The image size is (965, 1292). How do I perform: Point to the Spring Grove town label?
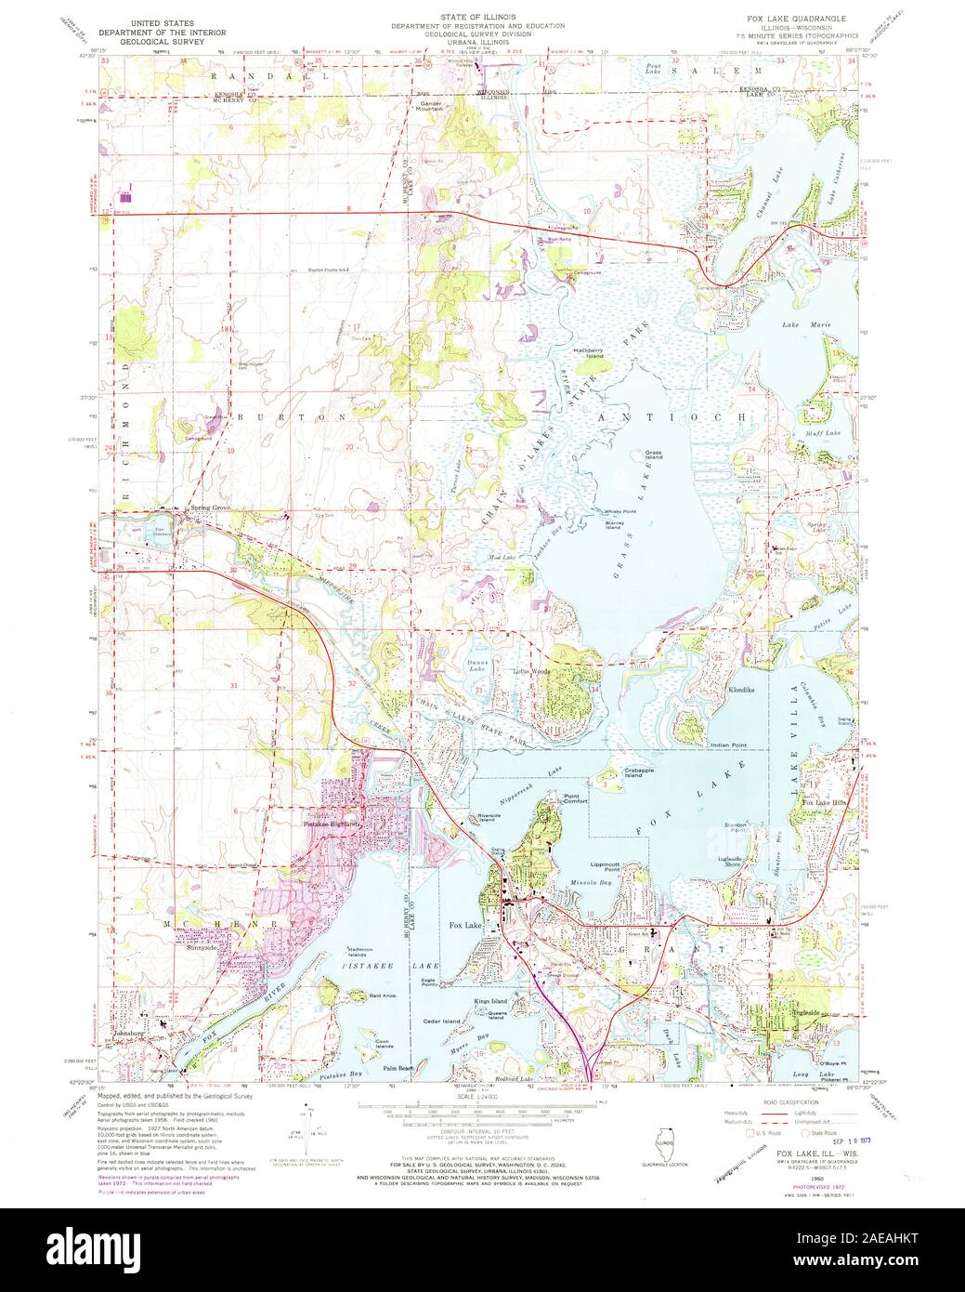click(x=210, y=508)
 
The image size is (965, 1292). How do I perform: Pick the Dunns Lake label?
click(x=478, y=666)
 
